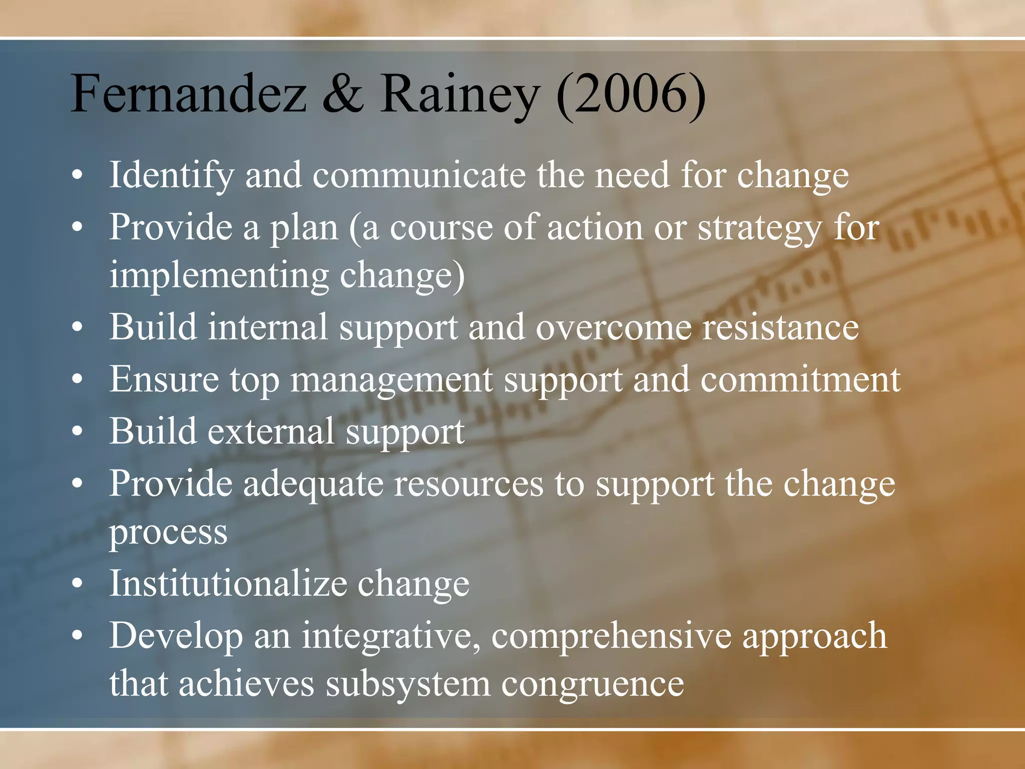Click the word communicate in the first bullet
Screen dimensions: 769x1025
coord(419,175)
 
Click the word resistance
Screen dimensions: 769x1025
coord(780,328)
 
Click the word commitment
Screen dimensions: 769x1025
coord(800,379)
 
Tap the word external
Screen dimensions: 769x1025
coord(271,432)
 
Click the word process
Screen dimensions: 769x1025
coord(168,533)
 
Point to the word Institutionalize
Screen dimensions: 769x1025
coord(228,584)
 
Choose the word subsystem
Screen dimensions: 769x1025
coord(408,685)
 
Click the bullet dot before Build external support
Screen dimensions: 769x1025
coord(77,432)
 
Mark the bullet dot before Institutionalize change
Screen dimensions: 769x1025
coord(77,584)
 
